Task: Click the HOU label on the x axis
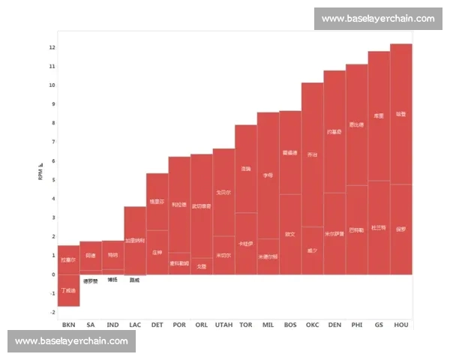(x=401, y=325)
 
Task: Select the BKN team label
(x=68, y=325)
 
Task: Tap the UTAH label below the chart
(x=223, y=325)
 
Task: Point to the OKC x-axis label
(x=312, y=325)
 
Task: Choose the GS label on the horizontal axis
(x=379, y=325)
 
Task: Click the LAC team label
(x=135, y=325)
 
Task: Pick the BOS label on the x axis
(x=290, y=325)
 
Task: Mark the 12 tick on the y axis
(x=52, y=47)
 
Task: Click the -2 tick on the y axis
(x=52, y=312)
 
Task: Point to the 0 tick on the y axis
(x=52, y=274)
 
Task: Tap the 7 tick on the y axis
(x=52, y=142)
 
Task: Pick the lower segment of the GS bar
(x=379, y=228)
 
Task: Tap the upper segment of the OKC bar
(x=312, y=154)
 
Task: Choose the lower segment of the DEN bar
(x=334, y=233)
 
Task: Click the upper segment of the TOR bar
(x=246, y=169)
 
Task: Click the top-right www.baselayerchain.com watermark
(x=378, y=18)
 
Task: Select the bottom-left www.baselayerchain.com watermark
(x=72, y=340)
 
